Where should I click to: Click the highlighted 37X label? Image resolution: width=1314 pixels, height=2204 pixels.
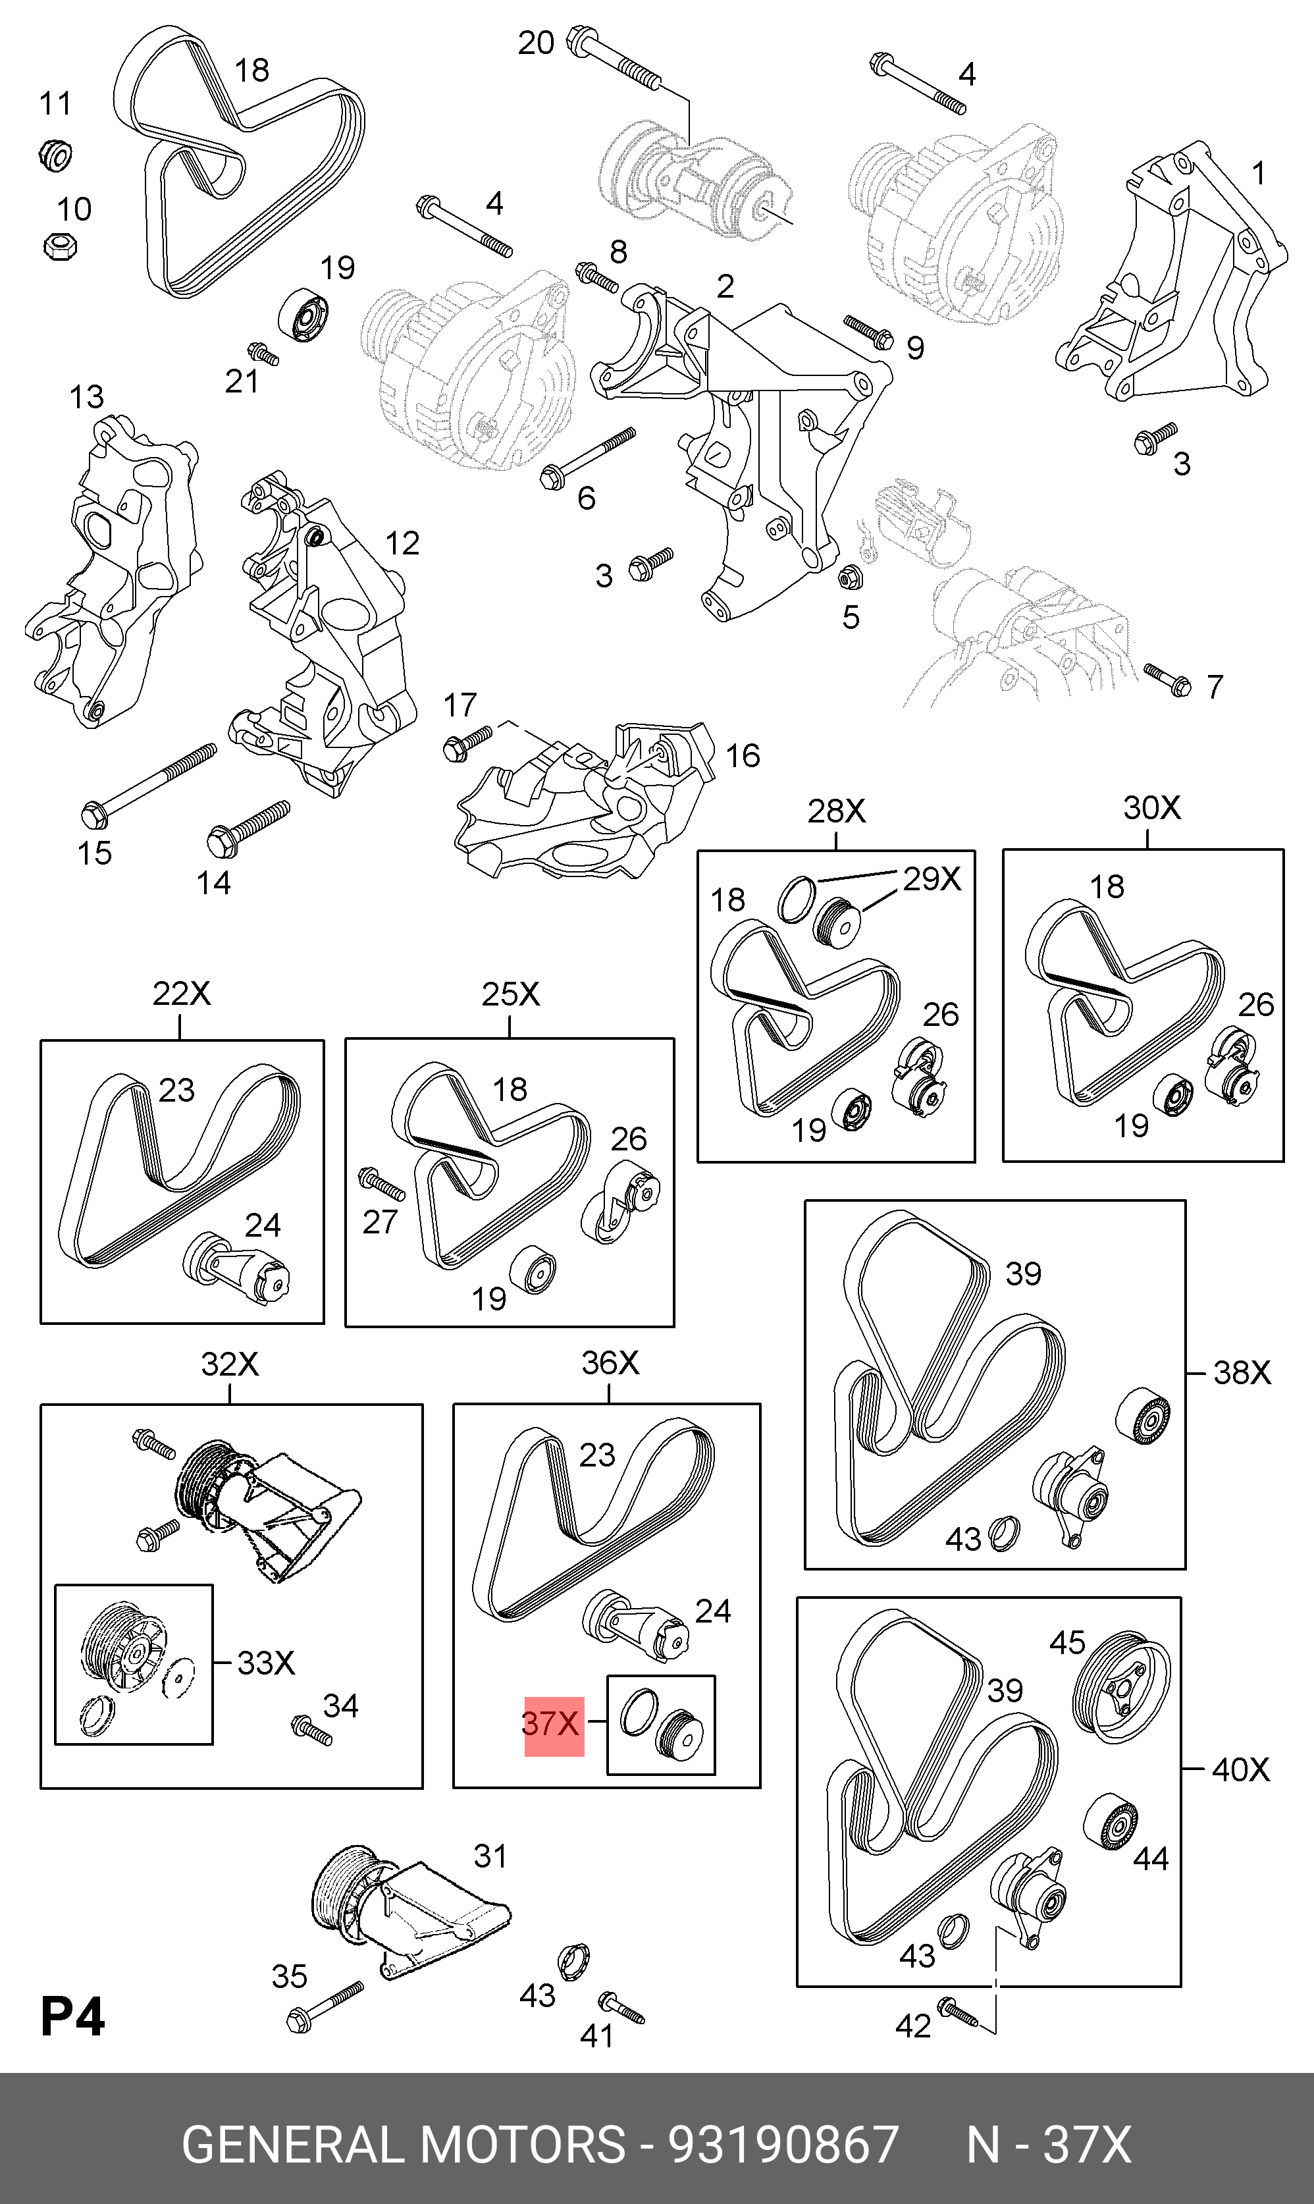pyautogui.click(x=554, y=1724)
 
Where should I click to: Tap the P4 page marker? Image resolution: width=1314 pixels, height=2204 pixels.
pyautogui.click(x=72, y=2016)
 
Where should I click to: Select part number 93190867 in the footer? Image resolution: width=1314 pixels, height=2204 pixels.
pyautogui.click(x=783, y=2138)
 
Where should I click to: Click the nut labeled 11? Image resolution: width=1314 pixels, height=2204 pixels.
pyautogui.click(x=57, y=156)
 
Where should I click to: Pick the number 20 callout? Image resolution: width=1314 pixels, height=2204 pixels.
pyautogui.click(x=536, y=43)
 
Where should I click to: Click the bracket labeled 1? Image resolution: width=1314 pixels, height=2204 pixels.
pyautogui.click(x=1169, y=275)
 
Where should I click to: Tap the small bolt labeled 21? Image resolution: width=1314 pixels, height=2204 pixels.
pyautogui.click(x=263, y=354)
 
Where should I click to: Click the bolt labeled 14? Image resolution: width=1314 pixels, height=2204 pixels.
pyautogui.click(x=248, y=824)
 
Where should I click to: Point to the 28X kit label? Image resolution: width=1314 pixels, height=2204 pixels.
pyautogui.click(x=836, y=811)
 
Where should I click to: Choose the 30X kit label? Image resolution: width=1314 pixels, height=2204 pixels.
pyautogui.click(x=1151, y=807)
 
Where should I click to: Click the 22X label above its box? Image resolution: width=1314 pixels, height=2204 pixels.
pyautogui.click(x=182, y=994)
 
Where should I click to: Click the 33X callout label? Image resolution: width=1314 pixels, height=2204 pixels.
pyautogui.click(x=266, y=1662)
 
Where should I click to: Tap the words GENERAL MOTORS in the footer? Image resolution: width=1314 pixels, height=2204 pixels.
pyautogui.click(x=403, y=2138)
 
